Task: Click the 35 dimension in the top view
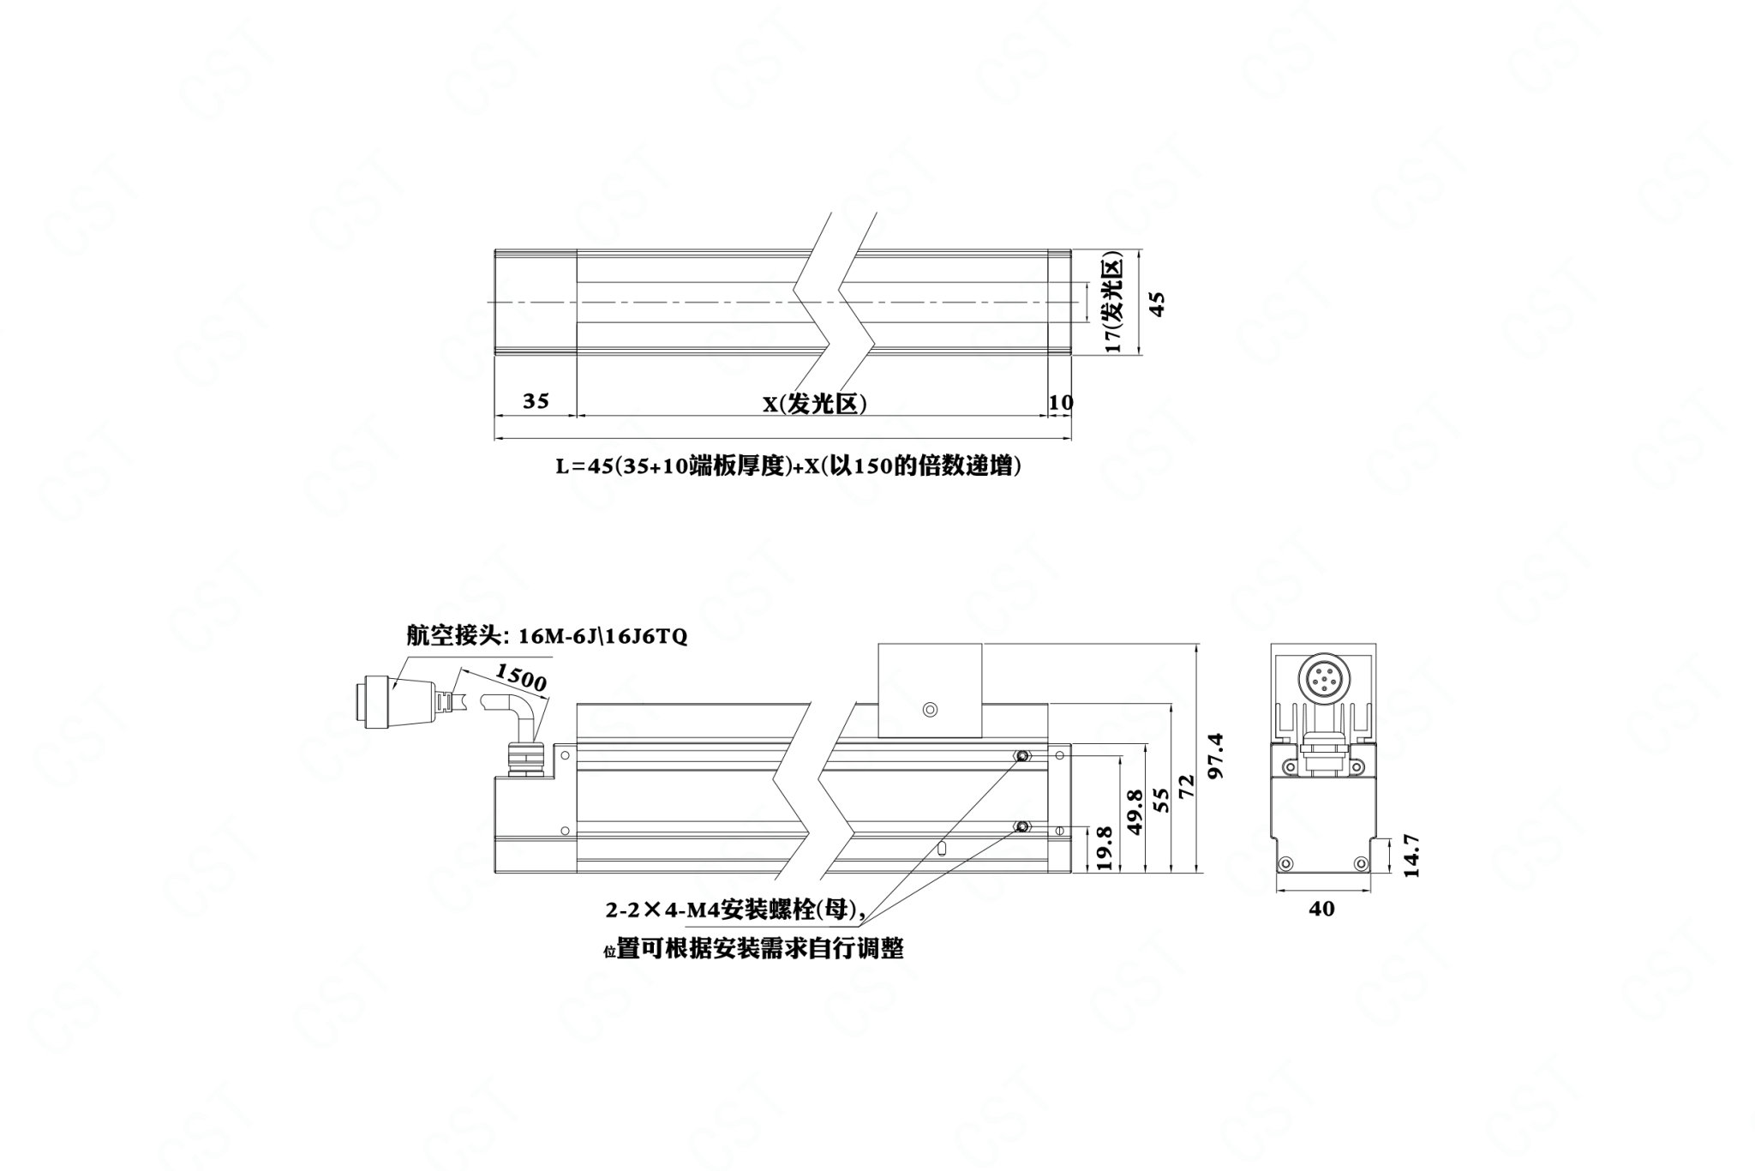point(536,400)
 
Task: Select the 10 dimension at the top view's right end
point(1061,401)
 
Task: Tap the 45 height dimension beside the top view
point(1156,303)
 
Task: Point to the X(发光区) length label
point(815,403)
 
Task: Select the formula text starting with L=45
point(788,466)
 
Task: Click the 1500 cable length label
point(520,677)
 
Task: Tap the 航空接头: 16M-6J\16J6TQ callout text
point(547,637)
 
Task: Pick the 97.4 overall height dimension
point(1215,755)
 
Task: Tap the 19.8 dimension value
point(1104,849)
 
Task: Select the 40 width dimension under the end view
point(1321,909)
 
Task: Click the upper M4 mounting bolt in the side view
point(1021,755)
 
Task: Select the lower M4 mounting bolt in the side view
point(1021,826)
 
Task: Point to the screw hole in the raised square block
point(931,709)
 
